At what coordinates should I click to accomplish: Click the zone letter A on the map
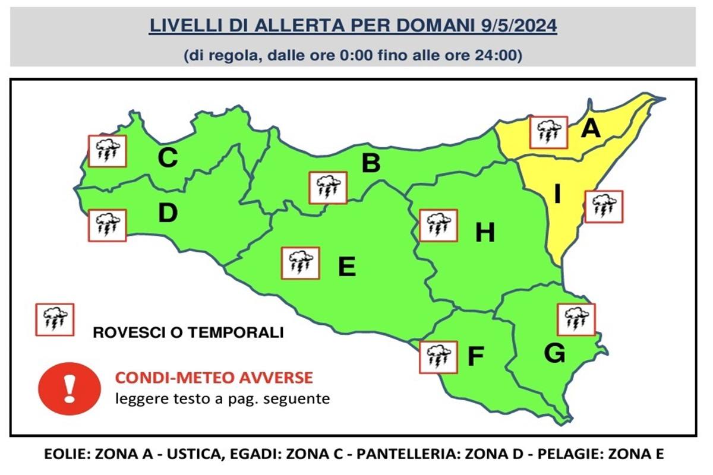pos(591,128)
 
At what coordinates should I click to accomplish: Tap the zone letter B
pos(371,163)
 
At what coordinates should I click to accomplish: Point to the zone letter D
pos(168,213)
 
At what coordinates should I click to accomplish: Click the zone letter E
pos(346,267)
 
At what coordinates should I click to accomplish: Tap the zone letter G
pos(554,354)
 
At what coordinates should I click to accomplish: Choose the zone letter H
pos(485,233)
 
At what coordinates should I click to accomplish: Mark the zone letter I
pos(557,194)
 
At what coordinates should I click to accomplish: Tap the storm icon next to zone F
pos(438,357)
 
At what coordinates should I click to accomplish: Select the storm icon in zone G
pos(576,319)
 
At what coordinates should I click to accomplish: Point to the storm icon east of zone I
pos(604,207)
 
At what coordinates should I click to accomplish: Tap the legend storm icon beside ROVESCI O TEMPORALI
pos(55,319)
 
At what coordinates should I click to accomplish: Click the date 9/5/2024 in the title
pos(518,27)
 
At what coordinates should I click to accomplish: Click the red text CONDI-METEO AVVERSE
pos(214,378)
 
